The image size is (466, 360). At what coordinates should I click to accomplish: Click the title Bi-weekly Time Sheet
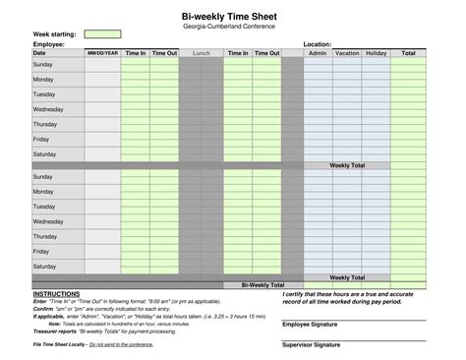coord(229,16)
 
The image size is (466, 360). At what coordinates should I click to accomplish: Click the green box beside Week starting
coord(102,34)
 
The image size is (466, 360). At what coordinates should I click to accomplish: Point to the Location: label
coord(318,44)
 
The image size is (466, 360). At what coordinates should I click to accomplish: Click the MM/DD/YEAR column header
coord(102,53)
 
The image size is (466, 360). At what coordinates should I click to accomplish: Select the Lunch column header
coord(202,53)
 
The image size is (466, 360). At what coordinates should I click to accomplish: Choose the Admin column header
coord(317,53)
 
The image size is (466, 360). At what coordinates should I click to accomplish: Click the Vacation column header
coord(346,53)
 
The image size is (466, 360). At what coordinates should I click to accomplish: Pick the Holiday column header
coord(376,53)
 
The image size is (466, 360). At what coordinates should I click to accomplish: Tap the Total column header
coord(408,53)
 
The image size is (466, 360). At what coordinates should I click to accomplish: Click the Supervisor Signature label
coord(313,345)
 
